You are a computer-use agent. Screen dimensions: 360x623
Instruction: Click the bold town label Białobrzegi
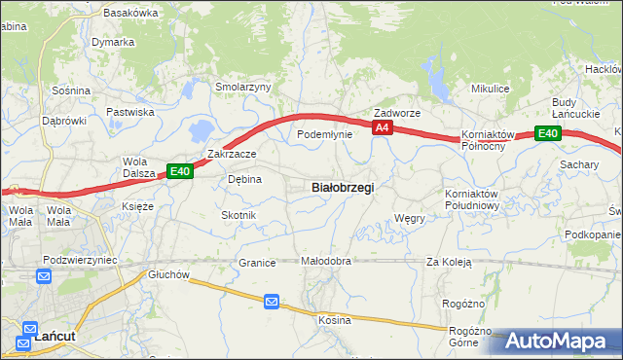point(342,186)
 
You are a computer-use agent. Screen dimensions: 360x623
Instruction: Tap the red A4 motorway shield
point(382,127)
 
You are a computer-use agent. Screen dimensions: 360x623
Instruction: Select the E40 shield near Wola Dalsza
point(179,171)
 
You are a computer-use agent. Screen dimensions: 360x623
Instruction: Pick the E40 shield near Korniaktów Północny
point(547,134)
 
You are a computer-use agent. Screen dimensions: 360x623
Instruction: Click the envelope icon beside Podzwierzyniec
point(45,277)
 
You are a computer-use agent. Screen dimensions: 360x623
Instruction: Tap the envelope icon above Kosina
point(272,304)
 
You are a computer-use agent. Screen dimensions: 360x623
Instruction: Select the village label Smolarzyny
point(243,87)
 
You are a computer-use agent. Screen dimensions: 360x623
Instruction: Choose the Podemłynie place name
point(324,134)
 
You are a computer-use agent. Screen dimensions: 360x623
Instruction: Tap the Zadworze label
point(397,113)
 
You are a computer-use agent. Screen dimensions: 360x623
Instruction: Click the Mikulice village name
point(491,89)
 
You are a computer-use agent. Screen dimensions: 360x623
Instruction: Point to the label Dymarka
point(113,43)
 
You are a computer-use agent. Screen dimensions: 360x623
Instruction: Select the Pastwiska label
point(130,112)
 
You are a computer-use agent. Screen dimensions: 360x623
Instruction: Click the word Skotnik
point(238,215)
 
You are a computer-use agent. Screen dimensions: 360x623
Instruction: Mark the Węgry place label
point(410,219)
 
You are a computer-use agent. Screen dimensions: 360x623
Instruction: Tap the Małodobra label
point(325,262)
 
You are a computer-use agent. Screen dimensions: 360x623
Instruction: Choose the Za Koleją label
point(448,262)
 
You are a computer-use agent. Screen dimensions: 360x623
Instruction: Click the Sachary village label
point(578,165)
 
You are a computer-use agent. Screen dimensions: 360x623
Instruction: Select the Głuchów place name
point(167,275)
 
